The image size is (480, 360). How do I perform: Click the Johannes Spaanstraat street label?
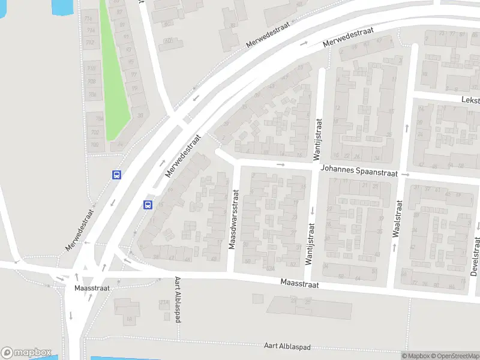359,172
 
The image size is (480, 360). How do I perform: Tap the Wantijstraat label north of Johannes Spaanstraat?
318,139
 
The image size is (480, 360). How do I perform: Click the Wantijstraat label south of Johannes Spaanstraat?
311,244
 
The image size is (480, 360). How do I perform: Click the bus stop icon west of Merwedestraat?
116,175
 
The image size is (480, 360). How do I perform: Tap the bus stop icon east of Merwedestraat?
148,205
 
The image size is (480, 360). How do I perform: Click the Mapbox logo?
26,353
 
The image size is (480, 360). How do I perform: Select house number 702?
95,132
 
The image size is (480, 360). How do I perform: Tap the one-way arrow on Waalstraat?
407,127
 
